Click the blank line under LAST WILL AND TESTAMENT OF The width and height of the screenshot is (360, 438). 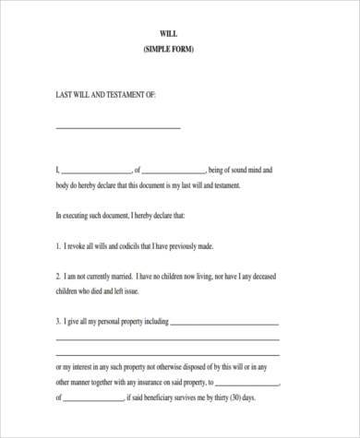(118, 127)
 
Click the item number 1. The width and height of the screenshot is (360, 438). (57, 246)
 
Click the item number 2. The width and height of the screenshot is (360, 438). (57, 276)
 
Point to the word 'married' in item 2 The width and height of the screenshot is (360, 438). (117, 276)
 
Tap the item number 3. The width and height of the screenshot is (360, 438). (57, 322)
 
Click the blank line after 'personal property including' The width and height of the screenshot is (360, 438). (224, 325)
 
